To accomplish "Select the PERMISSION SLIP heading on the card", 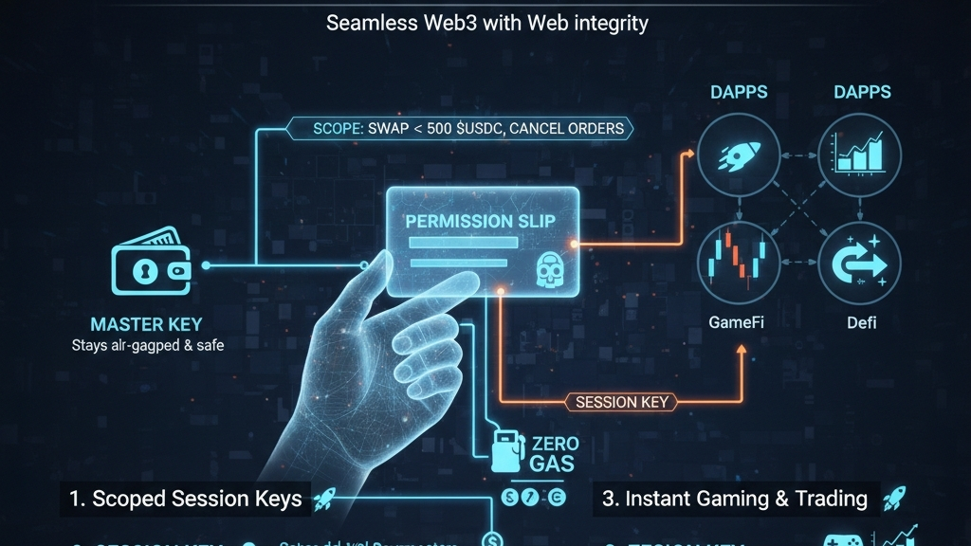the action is coord(481,220).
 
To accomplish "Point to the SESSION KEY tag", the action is coord(621,402).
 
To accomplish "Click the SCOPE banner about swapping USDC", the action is coord(468,127).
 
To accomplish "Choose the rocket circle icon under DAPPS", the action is coord(738,157).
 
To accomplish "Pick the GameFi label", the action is coord(737,322).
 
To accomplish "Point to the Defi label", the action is coord(860,322).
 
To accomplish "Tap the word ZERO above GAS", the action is coord(556,443).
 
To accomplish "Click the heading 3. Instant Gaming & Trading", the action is coord(734,499).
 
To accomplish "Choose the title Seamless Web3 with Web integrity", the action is coord(486,24).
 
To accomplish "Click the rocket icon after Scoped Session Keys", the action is coord(324,498).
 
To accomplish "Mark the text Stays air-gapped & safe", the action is coord(148,346).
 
